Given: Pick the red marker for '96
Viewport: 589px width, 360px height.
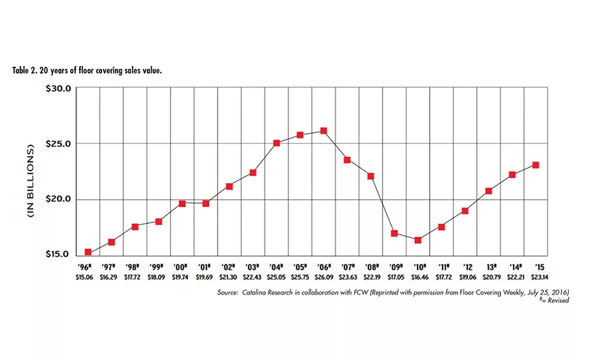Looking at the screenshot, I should (88, 252).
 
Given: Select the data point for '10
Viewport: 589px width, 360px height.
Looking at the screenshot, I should (418, 240).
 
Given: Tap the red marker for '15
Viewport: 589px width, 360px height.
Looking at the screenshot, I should (535, 165).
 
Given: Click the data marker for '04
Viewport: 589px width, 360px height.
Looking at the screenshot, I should (276, 143).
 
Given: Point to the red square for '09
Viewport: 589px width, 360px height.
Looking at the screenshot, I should (394, 233).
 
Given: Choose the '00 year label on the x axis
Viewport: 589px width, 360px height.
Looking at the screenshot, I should (181, 268).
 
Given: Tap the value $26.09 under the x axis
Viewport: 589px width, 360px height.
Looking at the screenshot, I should (323, 277).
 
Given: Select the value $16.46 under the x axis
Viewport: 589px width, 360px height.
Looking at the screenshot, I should (418, 277).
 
